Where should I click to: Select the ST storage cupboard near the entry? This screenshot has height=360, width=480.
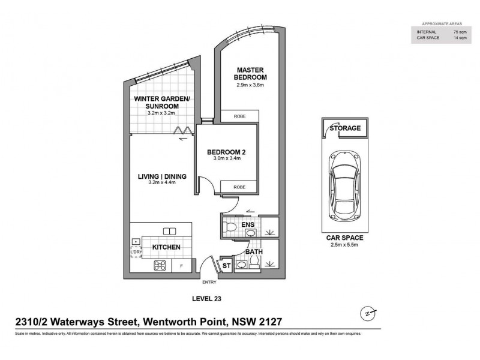[226, 265]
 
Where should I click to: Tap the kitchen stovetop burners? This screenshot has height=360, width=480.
[161, 265]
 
